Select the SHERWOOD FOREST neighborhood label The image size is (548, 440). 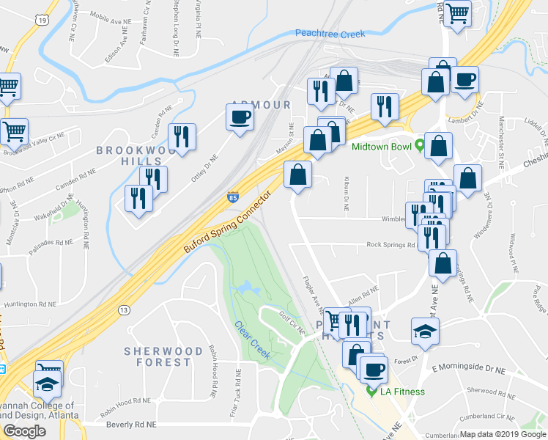coord(163,356)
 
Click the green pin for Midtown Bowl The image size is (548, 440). coord(419,145)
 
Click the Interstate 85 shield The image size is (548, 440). coord(232,198)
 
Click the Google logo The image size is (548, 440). coord(24,430)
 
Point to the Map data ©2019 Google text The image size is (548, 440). coord(503,434)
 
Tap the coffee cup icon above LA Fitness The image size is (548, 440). coord(374,368)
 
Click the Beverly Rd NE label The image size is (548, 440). coord(132,425)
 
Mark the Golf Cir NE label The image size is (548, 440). coord(292,322)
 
